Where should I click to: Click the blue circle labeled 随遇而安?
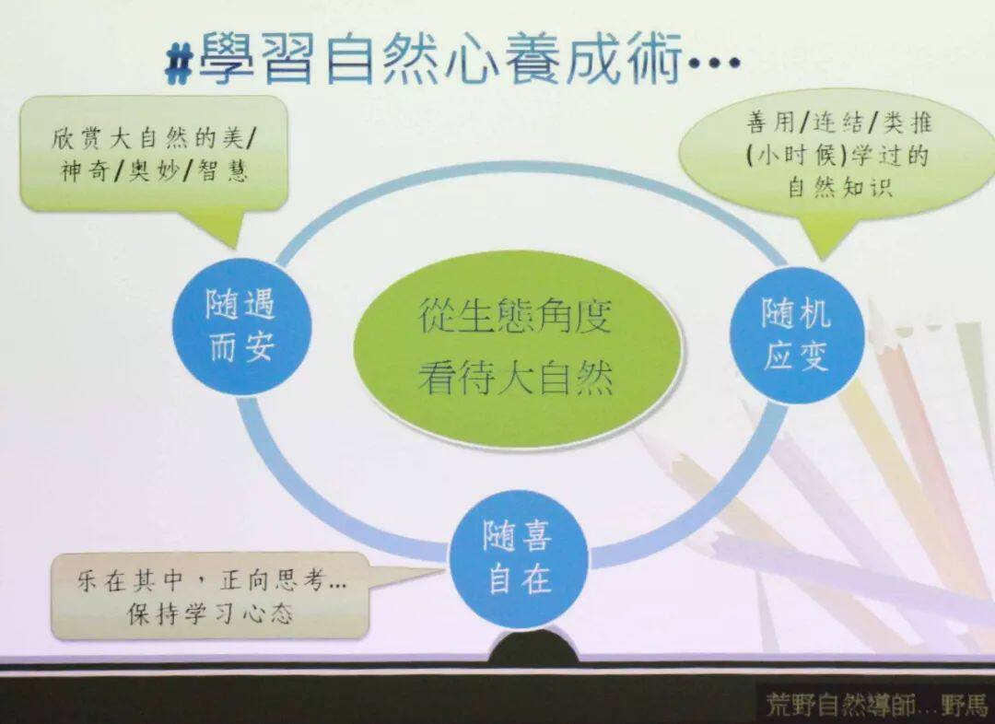pos(242,326)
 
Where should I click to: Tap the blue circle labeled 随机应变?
pos(797,334)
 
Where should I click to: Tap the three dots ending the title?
pos(714,64)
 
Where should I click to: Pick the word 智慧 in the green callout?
pos(222,171)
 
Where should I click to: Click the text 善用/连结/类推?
pos(838,122)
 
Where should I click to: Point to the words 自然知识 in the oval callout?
pos(839,187)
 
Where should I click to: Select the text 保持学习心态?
pos(210,613)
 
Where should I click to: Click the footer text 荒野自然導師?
pos(838,704)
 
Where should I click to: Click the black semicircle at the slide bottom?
pos(533,646)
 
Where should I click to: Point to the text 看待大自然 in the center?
pos(515,379)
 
